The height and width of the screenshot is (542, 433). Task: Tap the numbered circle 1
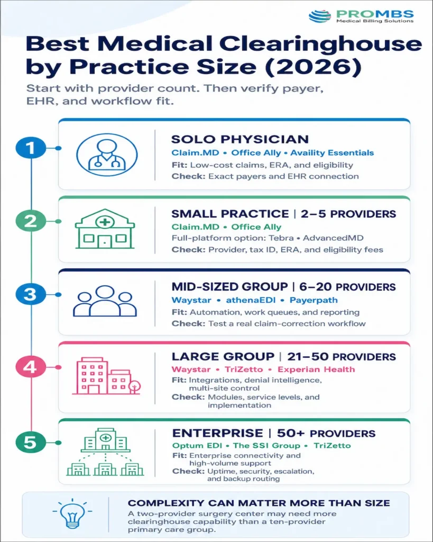point(31,148)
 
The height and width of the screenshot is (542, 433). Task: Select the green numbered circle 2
point(31,221)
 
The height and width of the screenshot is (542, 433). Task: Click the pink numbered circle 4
point(31,367)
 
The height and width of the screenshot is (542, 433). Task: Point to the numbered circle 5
point(31,442)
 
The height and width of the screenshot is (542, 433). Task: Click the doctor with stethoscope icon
point(107,155)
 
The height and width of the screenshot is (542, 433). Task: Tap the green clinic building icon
point(105,229)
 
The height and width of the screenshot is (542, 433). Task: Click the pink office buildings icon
point(106,376)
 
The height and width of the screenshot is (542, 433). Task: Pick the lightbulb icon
point(72,513)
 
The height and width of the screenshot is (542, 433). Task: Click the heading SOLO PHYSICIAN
point(240,139)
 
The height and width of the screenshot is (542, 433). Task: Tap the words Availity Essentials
point(332,153)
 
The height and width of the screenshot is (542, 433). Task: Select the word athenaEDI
point(251,300)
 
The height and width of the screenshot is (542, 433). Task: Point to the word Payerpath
point(314,300)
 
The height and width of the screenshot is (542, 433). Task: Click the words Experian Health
point(316,369)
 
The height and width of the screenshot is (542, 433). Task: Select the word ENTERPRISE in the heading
point(217,433)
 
